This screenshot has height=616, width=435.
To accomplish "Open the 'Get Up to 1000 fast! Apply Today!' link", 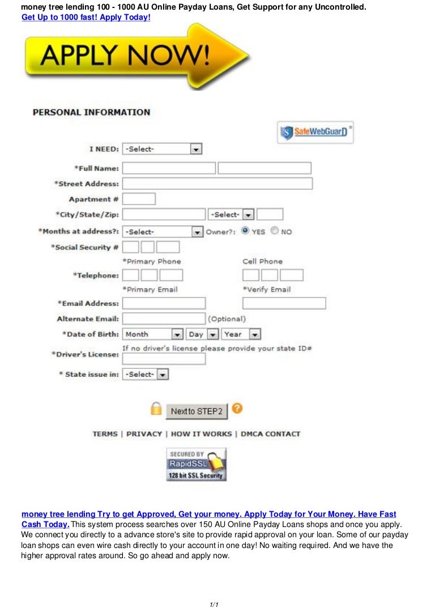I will (x=86, y=18).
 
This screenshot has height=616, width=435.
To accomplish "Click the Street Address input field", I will (x=217, y=184).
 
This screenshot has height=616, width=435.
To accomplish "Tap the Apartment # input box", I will (x=139, y=199).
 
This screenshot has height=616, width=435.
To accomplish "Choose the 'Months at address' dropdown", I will (x=163, y=232).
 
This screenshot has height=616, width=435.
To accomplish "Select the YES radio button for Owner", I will (x=245, y=231).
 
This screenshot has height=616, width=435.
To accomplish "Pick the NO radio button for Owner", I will (x=275, y=231).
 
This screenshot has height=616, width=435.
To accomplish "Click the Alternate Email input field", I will (x=164, y=318).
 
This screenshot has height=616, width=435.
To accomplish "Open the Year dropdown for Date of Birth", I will (x=241, y=334).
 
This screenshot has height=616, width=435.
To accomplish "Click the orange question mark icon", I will (x=237, y=409).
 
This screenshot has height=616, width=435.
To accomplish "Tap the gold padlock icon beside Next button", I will (x=156, y=409).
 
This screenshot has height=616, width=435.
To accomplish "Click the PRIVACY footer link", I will (x=144, y=434).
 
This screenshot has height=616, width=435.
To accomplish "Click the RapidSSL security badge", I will (x=197, y=465).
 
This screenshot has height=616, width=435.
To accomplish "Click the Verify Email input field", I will (x=284, y=303).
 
